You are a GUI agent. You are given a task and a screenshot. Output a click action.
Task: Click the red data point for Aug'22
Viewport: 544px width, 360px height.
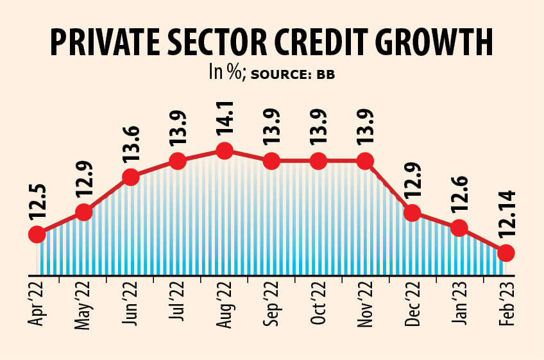point(224,151)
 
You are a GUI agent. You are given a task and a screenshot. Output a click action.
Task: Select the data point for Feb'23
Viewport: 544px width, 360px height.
point(506,253)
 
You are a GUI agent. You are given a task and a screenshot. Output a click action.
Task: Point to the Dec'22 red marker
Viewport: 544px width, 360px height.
point(412,212)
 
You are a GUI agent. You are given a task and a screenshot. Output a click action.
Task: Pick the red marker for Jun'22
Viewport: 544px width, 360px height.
point(131,177)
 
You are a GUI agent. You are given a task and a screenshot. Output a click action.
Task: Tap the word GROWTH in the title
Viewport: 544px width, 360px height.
point(433,44)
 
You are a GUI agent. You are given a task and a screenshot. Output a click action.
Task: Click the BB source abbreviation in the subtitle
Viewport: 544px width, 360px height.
point(325,74)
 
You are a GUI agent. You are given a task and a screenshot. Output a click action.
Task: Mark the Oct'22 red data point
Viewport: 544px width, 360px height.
point(318,161)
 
